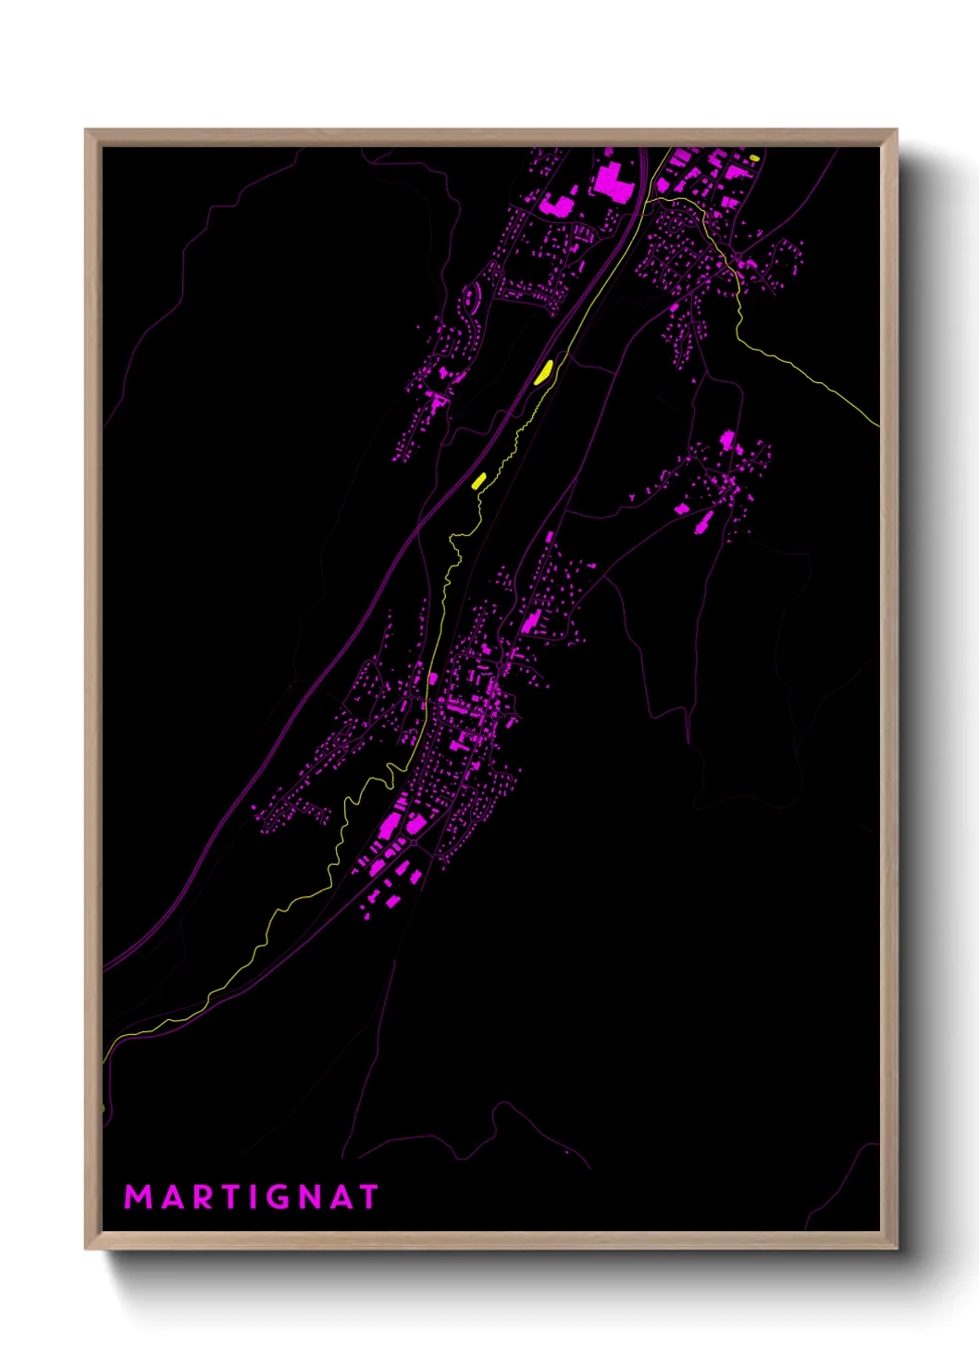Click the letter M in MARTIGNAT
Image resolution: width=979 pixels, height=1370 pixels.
[138, 1197]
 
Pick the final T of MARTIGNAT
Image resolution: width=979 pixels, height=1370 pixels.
[369, 1197]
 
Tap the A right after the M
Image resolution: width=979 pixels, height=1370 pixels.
[170, 1197]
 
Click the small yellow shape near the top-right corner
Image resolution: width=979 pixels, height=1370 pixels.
[755, 158]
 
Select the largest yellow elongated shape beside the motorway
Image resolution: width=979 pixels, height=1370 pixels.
[544, 371]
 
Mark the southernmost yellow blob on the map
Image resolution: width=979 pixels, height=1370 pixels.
[478, 480]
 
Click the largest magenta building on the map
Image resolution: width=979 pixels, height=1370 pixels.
[611, 180]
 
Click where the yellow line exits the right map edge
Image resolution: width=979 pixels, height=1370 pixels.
[877, 426]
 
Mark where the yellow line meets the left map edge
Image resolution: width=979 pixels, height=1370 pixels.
[104, 1060]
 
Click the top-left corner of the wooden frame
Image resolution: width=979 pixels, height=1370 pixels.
[86, 131]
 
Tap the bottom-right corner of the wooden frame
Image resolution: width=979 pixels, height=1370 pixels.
[897, 1249]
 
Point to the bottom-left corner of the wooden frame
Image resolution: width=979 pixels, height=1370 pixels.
[86, 1249]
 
